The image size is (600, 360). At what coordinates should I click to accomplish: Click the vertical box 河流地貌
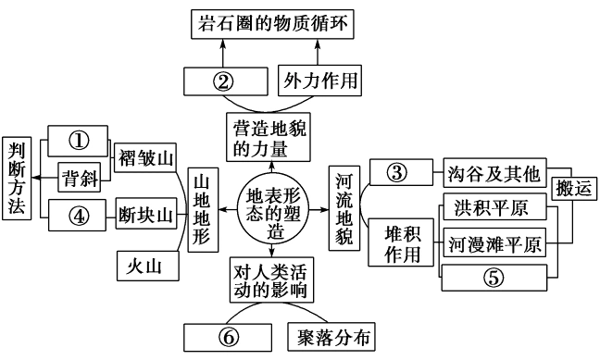343,209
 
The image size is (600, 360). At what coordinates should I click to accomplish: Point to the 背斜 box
80,176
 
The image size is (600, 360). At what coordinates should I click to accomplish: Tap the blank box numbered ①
80,141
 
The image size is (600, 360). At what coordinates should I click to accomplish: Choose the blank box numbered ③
397,172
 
